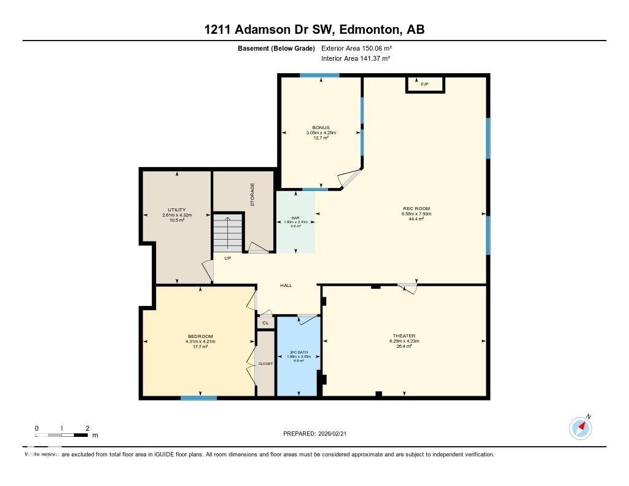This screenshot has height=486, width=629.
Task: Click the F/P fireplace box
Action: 424,84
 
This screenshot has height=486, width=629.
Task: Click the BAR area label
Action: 295,218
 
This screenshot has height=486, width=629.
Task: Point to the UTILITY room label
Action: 177,210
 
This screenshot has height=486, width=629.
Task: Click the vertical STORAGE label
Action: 252,194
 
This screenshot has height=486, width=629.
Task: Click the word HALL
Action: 286,285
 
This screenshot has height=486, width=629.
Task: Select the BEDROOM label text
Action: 200,336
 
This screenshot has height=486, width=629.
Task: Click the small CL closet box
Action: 265,323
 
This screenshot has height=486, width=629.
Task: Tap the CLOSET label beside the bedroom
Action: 265,364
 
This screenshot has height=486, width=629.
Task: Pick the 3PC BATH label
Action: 298,352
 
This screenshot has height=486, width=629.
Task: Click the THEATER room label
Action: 404,336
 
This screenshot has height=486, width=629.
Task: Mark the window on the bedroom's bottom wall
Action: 199,398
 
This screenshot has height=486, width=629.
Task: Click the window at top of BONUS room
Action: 319,76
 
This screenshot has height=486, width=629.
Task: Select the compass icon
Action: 580,427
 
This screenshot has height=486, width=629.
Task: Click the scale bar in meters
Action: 61,435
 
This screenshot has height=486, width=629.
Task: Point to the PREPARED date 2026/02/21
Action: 318,434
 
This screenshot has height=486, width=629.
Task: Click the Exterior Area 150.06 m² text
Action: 356,48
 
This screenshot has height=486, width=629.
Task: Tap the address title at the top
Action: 314,29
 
